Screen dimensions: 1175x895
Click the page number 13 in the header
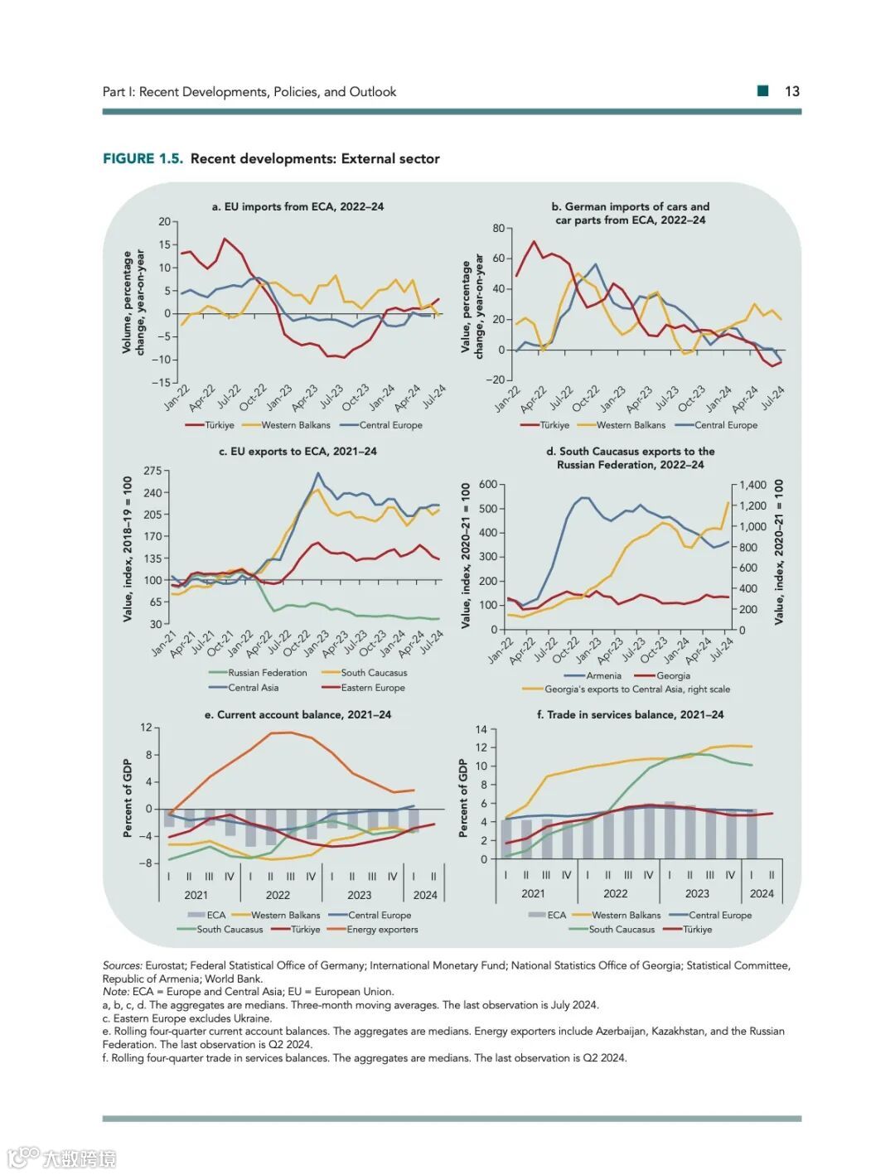pos(791,92)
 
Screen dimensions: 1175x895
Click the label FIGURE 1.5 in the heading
pos(143,159)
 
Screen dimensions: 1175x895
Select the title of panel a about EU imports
pos(298,207)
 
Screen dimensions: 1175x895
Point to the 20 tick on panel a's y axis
pos(164,222)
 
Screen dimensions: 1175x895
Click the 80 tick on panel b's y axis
pos(498,229)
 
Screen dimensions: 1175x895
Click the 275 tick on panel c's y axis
pos(153,471)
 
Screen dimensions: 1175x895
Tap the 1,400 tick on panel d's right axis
pos(753,486)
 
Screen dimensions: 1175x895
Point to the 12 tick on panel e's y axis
pos(146,728)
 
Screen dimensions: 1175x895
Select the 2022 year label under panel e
pos(278,895)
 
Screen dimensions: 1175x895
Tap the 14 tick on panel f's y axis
pos(481,730)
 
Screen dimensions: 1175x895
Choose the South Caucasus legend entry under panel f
pos(621,930)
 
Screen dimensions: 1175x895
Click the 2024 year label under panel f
pos(762,894)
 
